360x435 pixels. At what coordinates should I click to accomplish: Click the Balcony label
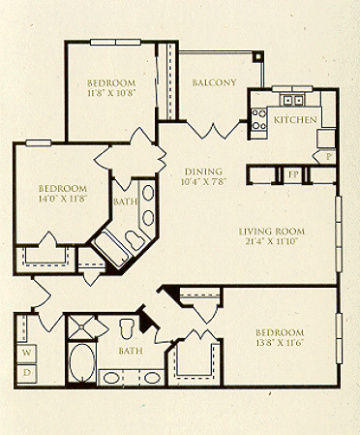215,82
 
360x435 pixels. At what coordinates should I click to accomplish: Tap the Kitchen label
295,120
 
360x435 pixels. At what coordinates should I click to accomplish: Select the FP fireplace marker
293,174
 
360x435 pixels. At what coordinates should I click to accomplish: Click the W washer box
26,353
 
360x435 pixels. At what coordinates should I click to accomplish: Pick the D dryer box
26,373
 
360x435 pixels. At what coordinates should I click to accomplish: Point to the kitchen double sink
293,100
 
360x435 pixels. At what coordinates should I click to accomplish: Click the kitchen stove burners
259,119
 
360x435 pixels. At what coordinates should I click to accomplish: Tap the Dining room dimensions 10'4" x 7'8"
204,181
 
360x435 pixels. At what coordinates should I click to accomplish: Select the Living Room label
271,232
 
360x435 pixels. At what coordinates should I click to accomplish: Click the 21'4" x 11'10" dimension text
271,241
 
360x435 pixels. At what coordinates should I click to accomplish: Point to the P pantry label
329,157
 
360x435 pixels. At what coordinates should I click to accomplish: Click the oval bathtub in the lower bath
82,362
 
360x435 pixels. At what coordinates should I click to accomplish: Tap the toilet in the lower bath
127,327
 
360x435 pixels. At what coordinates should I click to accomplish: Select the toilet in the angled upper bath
135,240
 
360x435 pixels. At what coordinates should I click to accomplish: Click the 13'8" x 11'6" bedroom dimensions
280,343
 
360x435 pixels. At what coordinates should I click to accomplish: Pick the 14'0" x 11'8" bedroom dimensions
63,199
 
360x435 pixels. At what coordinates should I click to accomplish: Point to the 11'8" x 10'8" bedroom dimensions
111,93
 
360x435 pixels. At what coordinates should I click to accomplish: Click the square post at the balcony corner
258,56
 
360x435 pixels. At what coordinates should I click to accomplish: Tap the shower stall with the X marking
81,326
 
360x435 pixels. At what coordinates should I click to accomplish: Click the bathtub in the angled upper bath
111,248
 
